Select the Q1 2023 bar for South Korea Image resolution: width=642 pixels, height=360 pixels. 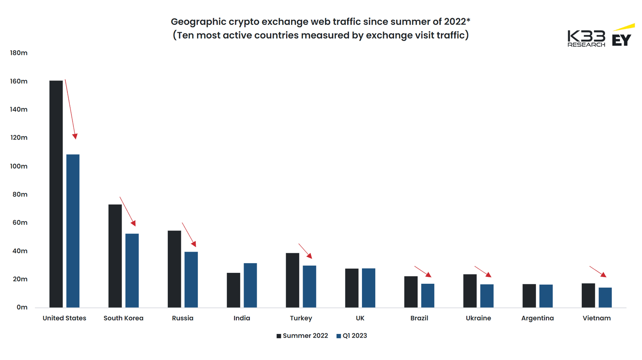pyautogui.click(x=132, y=271)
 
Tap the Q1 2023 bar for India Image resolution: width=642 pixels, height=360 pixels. pyautogui.click(x=250, y=285)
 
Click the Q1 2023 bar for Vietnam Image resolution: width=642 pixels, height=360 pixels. pyautogui.click(x=605, y=297)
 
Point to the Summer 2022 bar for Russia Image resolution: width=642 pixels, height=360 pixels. pyautogui.click(x=174, y=269)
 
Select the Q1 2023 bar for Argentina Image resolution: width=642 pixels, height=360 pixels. pyautogui.click(x=546, y=296)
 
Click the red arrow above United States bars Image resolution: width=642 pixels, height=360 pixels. pyautogui.click(x=71, y=109)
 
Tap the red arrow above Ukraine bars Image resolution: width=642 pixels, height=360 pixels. pyautogui.click(x=483, y=271)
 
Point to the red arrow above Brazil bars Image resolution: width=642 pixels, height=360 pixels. pyautogui.click(x=423, y=271)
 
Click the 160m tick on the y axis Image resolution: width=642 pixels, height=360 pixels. pyautogui.click(x=19, y=81)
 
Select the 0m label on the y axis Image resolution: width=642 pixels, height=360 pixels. pyautogui.click(x=22, y=307)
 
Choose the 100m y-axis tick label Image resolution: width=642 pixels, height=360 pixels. pyautogui.click(x=19, y=166)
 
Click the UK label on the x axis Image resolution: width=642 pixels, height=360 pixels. pyautogui.click(x=360, y=318)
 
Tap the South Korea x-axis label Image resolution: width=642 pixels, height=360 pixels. pyautogui.click(x=123, y=318)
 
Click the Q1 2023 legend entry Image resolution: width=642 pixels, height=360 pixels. pyautogui.click(x=352, y=336)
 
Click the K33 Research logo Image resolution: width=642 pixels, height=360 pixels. pyautogui.click(x=586, y=39)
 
